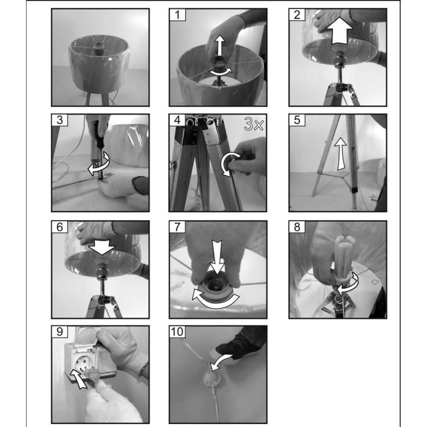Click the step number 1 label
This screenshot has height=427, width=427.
[177, 15]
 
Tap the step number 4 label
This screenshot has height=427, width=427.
[177, 120]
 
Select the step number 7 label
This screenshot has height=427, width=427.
[177, 227]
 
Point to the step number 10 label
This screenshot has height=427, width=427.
[177, 332]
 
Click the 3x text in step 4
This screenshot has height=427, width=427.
[254, 124]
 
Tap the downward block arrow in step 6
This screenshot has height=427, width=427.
[102, 247]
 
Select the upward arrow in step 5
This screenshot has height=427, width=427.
[340, 154]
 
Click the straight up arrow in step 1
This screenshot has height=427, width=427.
[220, 46]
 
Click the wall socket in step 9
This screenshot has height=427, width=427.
[82, 362]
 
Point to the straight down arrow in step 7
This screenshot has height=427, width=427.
[217, 257]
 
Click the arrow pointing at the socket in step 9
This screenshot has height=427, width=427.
[79, 378]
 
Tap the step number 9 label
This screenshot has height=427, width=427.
[60, 332]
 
